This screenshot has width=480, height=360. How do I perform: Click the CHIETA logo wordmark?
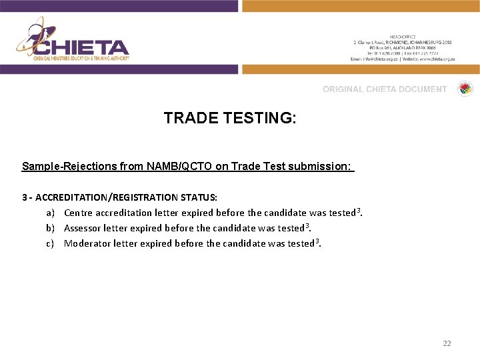click(x=81, y=47)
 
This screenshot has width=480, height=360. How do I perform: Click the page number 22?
click(x=447, y=343)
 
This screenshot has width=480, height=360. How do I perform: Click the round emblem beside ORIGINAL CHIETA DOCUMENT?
click(x=464, y=89)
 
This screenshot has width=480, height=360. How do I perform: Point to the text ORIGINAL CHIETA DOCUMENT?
click(x=385, y=89)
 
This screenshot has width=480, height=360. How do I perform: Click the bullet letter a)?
click(x=50, y=213)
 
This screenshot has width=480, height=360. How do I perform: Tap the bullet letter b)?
click(x=50, y=228)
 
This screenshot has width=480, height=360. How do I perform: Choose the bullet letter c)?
click(x=50, y=243)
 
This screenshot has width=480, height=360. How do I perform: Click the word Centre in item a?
click(x=78, y=213)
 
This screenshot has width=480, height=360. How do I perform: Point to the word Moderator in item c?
click(x=86, y=243)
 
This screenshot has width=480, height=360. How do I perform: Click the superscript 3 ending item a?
click(x=359, y=211)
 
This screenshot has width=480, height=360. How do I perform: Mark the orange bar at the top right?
click(x=361, y=6)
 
